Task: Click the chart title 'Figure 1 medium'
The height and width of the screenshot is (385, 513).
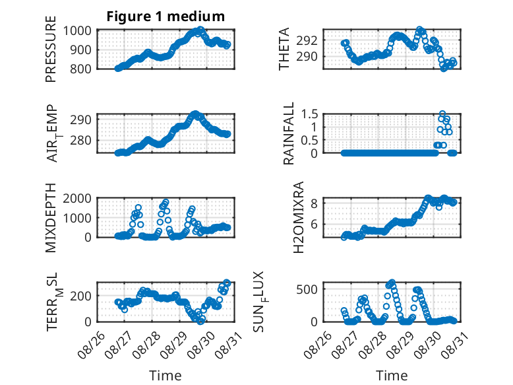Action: (x=166, y=17)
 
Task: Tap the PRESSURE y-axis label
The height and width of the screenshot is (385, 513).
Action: (x=51, y=49)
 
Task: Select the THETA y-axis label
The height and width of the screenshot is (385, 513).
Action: (x=284, y=49)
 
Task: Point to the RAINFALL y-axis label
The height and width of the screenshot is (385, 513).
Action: (x=289, y=133)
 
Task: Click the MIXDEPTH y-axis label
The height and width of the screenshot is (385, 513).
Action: (x=51, y=218)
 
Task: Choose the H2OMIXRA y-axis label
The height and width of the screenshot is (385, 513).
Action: (x=299, y=217)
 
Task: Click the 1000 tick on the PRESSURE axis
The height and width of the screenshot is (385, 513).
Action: (x=77, y=31)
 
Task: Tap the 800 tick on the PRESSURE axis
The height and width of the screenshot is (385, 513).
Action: (x=80, y=69)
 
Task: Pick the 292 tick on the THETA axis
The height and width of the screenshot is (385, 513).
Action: (x=307, y=41)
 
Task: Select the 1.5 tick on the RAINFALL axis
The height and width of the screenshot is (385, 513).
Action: (x=309, y=114)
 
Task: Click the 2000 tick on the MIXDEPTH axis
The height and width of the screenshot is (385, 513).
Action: (x=77, y=199)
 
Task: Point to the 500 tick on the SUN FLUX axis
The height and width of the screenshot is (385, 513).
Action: (x=307, y=289)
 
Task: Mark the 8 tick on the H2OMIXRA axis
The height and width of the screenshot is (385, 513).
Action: (x=314, y=203)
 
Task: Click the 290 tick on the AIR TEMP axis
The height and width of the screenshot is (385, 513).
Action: (x=80, y=120)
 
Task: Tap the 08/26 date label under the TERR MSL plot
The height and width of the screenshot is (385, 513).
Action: (x=91, y=345)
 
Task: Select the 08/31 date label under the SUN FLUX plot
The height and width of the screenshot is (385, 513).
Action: (x=454, y=345)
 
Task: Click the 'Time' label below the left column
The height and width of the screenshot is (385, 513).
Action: (x=166, y=376)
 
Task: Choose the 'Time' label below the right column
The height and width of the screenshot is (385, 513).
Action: (x=392, y=376)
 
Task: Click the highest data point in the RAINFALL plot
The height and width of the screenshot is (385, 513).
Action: (x=442, y=114)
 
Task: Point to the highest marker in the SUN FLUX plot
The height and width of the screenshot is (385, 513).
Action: (x=392, y=283)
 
